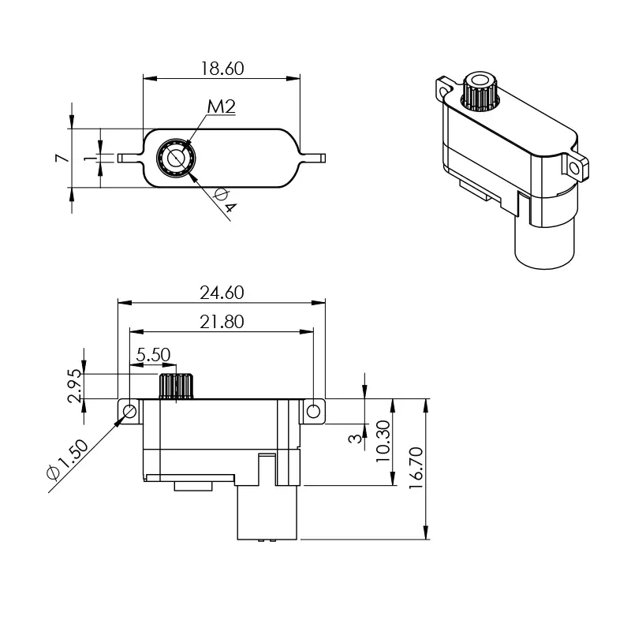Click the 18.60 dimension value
click(x=222, y=69)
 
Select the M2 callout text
click(x=222, y=107)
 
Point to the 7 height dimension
click(x=60, y=159)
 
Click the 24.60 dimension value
click(x=222, y=293)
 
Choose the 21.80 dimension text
click(x=222, y=322)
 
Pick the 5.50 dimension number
click(x=153, y=355)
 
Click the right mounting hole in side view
click(x=314, y=411)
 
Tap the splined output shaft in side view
click(x=177, y=386)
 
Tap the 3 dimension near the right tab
click(x=356, y=436)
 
